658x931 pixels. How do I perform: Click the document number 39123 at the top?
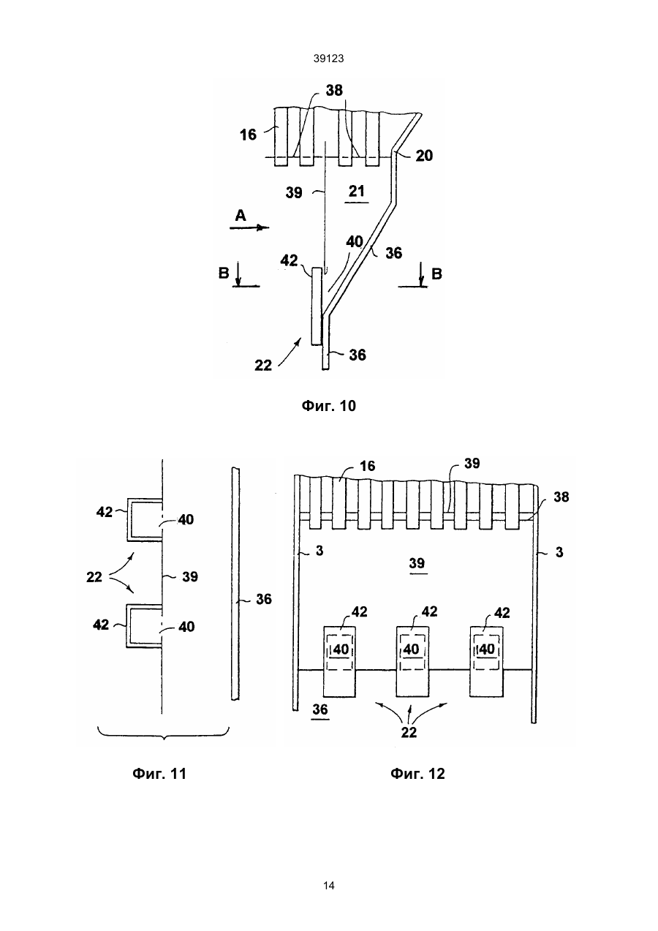point(328,59)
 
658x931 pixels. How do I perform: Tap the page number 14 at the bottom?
point(328,886)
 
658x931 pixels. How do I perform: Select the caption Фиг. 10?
point(328,406)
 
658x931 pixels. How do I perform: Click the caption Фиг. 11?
point(159,774)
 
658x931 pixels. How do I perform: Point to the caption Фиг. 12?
point(417,774)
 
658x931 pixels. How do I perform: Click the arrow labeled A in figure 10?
point(249,227)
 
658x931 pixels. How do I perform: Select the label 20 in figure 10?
point(424,156)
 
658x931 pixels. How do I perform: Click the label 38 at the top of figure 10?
point(334,90)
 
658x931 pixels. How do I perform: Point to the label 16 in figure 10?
point(248,135)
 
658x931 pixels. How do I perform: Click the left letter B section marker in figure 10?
point(224,274)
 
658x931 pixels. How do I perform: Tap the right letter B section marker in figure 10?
point(436,274)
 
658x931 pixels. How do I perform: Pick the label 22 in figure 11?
point(94,577)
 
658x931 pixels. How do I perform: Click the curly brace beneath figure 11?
point(164,736)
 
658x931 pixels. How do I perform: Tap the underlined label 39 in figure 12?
point(417,564)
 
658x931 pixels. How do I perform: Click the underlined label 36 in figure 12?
point(320,710)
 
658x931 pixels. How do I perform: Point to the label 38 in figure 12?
point(561,497)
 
